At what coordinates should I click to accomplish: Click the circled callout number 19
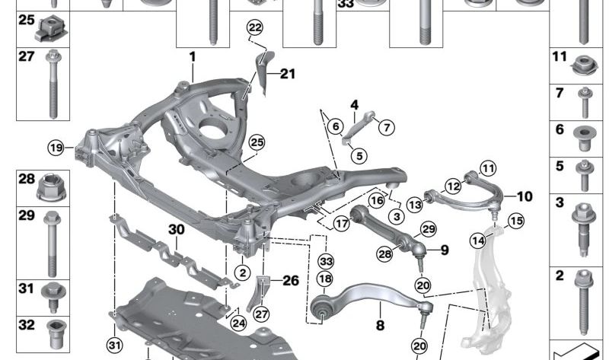click(56, 148)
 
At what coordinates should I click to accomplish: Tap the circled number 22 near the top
click(254, 28)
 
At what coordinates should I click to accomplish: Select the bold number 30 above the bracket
click(176, 228)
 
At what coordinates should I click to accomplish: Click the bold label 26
click(290, 280)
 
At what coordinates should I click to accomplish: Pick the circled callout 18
click(325, 279)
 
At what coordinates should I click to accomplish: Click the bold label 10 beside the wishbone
click(525, 196)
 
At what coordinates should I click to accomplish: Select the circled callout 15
click(516, 221)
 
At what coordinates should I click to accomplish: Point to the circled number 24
click(238, 323)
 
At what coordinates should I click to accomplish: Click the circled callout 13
click(414, 204)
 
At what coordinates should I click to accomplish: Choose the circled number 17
click(340, 225)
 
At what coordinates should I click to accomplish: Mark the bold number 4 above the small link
click(354, 105)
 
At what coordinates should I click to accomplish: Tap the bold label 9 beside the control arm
click(445, 249)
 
